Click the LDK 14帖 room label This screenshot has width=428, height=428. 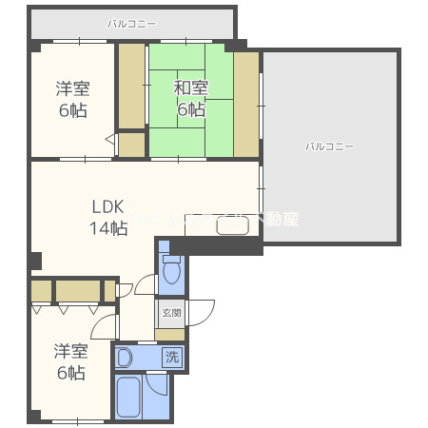[108, 217]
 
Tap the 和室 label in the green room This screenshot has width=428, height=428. [189, 99]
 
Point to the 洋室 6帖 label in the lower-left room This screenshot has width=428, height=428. [70, 361]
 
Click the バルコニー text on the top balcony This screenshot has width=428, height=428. [132, 22]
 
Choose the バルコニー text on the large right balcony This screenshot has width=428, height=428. [329, 146]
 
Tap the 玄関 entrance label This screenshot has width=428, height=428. [171, 312]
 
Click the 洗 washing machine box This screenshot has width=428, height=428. [171, 358]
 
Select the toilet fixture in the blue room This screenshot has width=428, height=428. [172, 272]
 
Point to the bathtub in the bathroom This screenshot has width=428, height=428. [129, 398]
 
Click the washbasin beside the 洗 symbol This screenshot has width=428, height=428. [127, 358]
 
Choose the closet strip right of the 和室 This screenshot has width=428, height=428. [246, 104]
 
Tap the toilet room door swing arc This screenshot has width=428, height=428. [146, 283]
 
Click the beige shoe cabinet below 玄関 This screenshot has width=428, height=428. [170, 334]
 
